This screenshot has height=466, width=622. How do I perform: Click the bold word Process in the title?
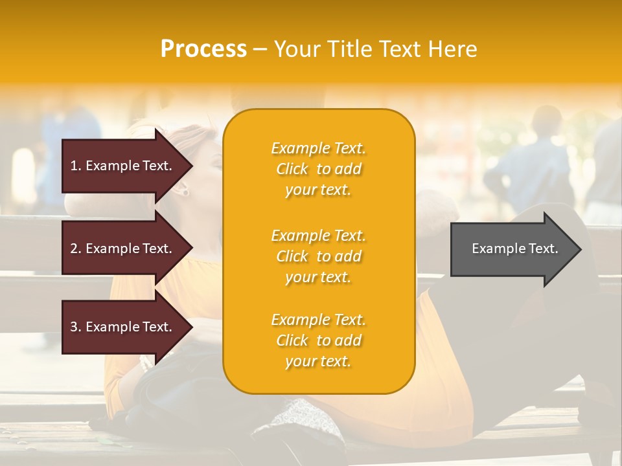click(203, 49)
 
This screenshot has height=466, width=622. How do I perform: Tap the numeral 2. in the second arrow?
click(75, 249)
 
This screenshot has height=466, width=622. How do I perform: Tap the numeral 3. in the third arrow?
click(75, 327)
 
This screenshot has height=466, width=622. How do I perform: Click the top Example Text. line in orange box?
click(318, 148)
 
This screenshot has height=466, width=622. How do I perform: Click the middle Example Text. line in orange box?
click(318, 236)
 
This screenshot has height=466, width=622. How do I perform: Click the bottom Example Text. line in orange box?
click(318, 320)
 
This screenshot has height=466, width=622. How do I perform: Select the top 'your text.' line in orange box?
click(318, 190)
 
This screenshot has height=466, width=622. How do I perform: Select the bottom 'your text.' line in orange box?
click(318, 361)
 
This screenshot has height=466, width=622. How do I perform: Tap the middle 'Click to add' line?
click(318, 256)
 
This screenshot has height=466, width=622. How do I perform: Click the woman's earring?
click(185, 191)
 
